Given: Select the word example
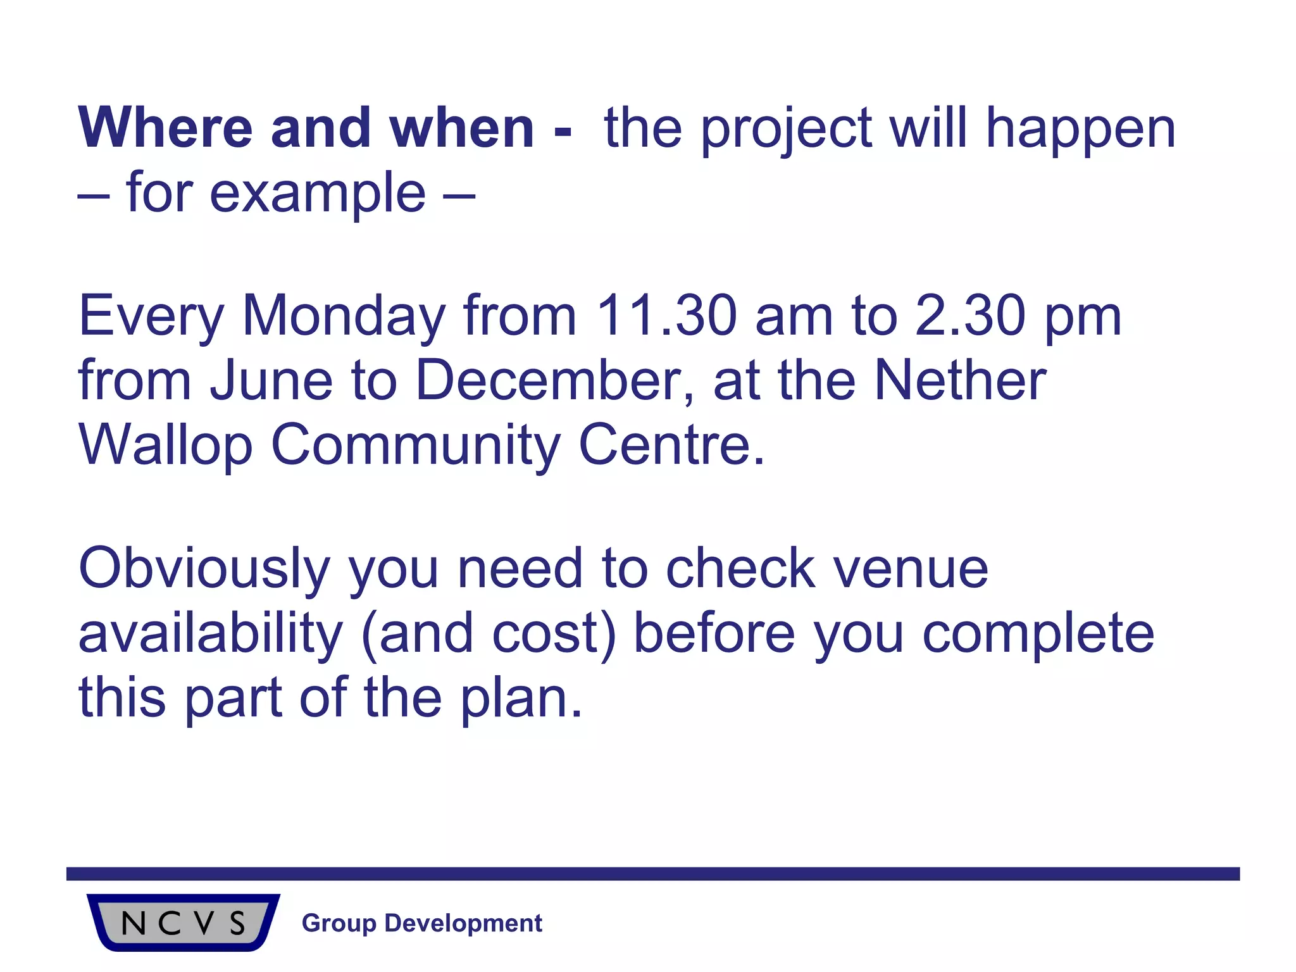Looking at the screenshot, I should click(318, 194).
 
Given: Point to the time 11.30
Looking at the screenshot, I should click(666, 316).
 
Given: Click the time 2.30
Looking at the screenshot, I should click(970, 316).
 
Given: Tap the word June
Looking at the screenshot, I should click(271, 380).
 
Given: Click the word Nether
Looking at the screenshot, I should click(960, 380).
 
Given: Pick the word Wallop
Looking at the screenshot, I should click(165, 445).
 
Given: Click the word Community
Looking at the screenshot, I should click(416, 445).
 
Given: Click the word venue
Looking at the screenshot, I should click(911, 569).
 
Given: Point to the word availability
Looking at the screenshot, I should click(210, 633).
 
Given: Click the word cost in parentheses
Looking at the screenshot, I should click(544, 633).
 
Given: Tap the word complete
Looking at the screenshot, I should click(1038, 633).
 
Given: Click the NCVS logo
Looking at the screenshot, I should click(184, 923).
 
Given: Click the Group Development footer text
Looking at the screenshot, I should click(422, 923).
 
